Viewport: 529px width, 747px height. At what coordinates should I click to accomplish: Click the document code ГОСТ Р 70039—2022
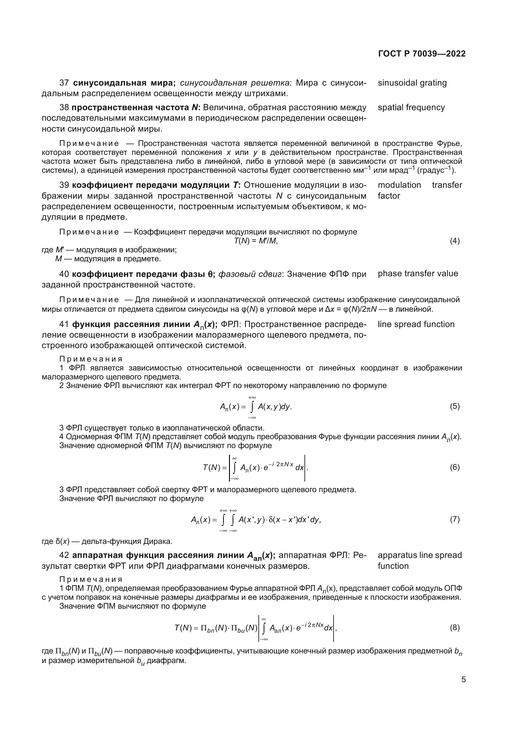pyautogui.click(x=422, y=54)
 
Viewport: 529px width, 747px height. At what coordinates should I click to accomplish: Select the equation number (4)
pyautogui.click(x=455, y=241)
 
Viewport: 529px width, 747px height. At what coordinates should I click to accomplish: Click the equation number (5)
pyautogui.click(x=455, y=406)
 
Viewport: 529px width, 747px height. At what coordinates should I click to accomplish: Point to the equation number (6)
pyautogui.click(x=455, y=468)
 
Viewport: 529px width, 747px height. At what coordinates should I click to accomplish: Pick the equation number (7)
pyautogui.click(x=455, y=519)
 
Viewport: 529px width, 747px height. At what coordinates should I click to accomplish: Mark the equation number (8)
pyautogui.click(x=455, y=628)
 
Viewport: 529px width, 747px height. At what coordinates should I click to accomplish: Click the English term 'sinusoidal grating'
pyautogui.click(x=412, y=83)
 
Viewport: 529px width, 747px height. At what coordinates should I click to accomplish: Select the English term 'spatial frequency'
pyautogui.click(x=411, y=108)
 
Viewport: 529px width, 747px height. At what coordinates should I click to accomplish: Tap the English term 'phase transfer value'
pyautogui.click(x=418, y=274)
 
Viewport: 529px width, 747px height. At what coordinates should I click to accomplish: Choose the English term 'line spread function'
pyautogui.click(x=416, y=324)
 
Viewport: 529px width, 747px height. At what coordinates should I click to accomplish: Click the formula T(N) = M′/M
pyautogui.click(x=256, y=241)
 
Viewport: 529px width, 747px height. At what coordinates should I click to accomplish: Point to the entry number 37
pyautogui.click(x=64, y=83)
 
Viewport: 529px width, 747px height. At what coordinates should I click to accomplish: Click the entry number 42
pyautogui.click(x=64, y=555)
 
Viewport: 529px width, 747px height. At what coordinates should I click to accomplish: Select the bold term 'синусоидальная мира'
pyautogui.click(x=124, y=83)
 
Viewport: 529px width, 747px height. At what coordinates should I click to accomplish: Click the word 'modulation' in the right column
pyautogui.click(x=399, y=185)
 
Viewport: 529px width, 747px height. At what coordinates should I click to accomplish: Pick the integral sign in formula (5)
pyautogui.click(x=252, y=407)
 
